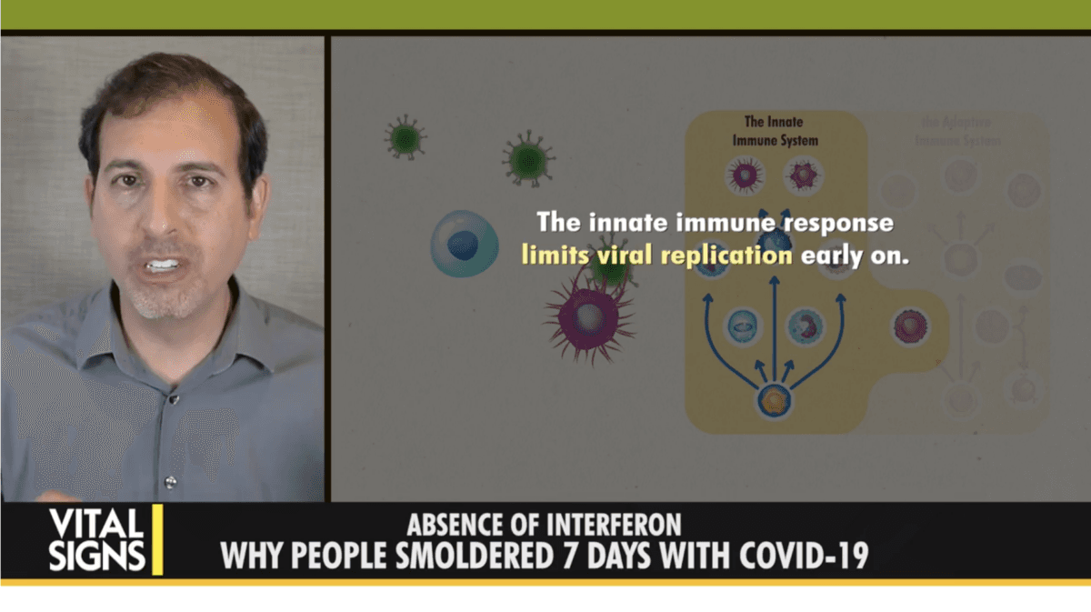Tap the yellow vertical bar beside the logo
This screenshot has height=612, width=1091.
point(157,539)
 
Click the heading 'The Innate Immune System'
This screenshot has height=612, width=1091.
point(775,131)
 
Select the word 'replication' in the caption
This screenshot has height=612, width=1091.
point(726,256)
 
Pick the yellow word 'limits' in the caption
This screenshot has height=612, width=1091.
point(550,256)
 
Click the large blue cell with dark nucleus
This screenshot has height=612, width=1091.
point(464,243)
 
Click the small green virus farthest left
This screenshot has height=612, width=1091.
point(405,138)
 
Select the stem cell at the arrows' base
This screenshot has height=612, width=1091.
point(774,400)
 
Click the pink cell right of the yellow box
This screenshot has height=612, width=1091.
point(909,326)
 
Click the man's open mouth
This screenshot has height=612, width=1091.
point(163,266)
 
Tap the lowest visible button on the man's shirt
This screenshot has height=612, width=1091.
point(169,481)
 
